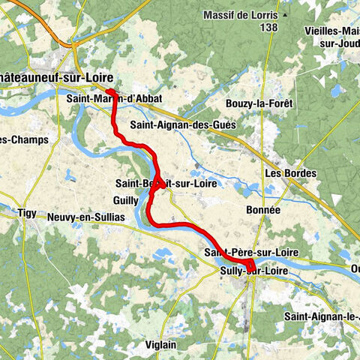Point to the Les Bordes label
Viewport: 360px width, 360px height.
(291, 173)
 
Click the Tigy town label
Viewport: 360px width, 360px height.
(28, 214)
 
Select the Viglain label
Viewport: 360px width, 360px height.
(162, 344)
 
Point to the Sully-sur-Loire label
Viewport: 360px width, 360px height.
(255, 270)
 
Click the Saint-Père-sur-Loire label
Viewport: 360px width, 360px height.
(252, 253)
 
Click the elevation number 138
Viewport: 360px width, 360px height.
(267, 27)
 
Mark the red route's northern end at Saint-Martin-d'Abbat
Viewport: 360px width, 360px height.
(109, 91)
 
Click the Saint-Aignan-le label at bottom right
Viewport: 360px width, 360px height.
(322, 316)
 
